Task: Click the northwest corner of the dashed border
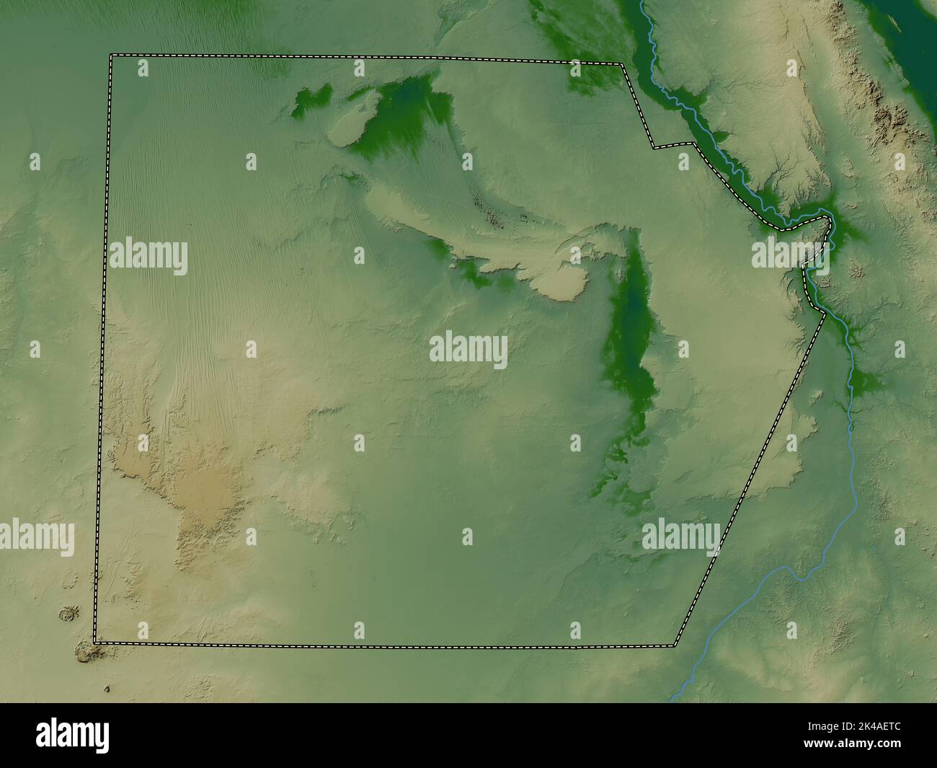pos(110,56)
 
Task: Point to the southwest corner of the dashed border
pos(95,641)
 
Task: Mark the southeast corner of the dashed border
pos(674,645)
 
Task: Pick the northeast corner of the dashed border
pos(623,65)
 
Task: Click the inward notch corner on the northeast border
pos(654,147)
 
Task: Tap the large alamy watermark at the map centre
pos(468,350)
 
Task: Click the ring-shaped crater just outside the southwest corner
pos(70,614)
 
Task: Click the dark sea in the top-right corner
pos(915,29)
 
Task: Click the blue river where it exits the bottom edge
pos(674,698)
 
